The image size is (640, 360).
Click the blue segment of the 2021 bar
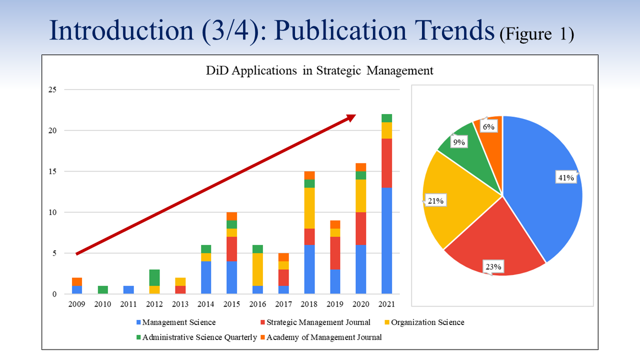click(x=386, y=240)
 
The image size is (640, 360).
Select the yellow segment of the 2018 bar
click(x=309, y=208)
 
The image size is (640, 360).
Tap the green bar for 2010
click(x=102, y=289)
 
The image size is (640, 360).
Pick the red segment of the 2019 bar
click(x=335, y=253)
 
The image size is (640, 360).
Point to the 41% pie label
click(x=566, y=178)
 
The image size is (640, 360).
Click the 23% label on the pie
click(x=493, y=266)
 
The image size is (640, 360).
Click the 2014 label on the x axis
click(x=206, y=304)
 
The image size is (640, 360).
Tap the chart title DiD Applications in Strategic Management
click(x=320, y=70)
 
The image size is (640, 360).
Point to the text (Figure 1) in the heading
click(x=536, y=34)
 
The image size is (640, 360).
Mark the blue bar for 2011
click(x=128, y=289)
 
